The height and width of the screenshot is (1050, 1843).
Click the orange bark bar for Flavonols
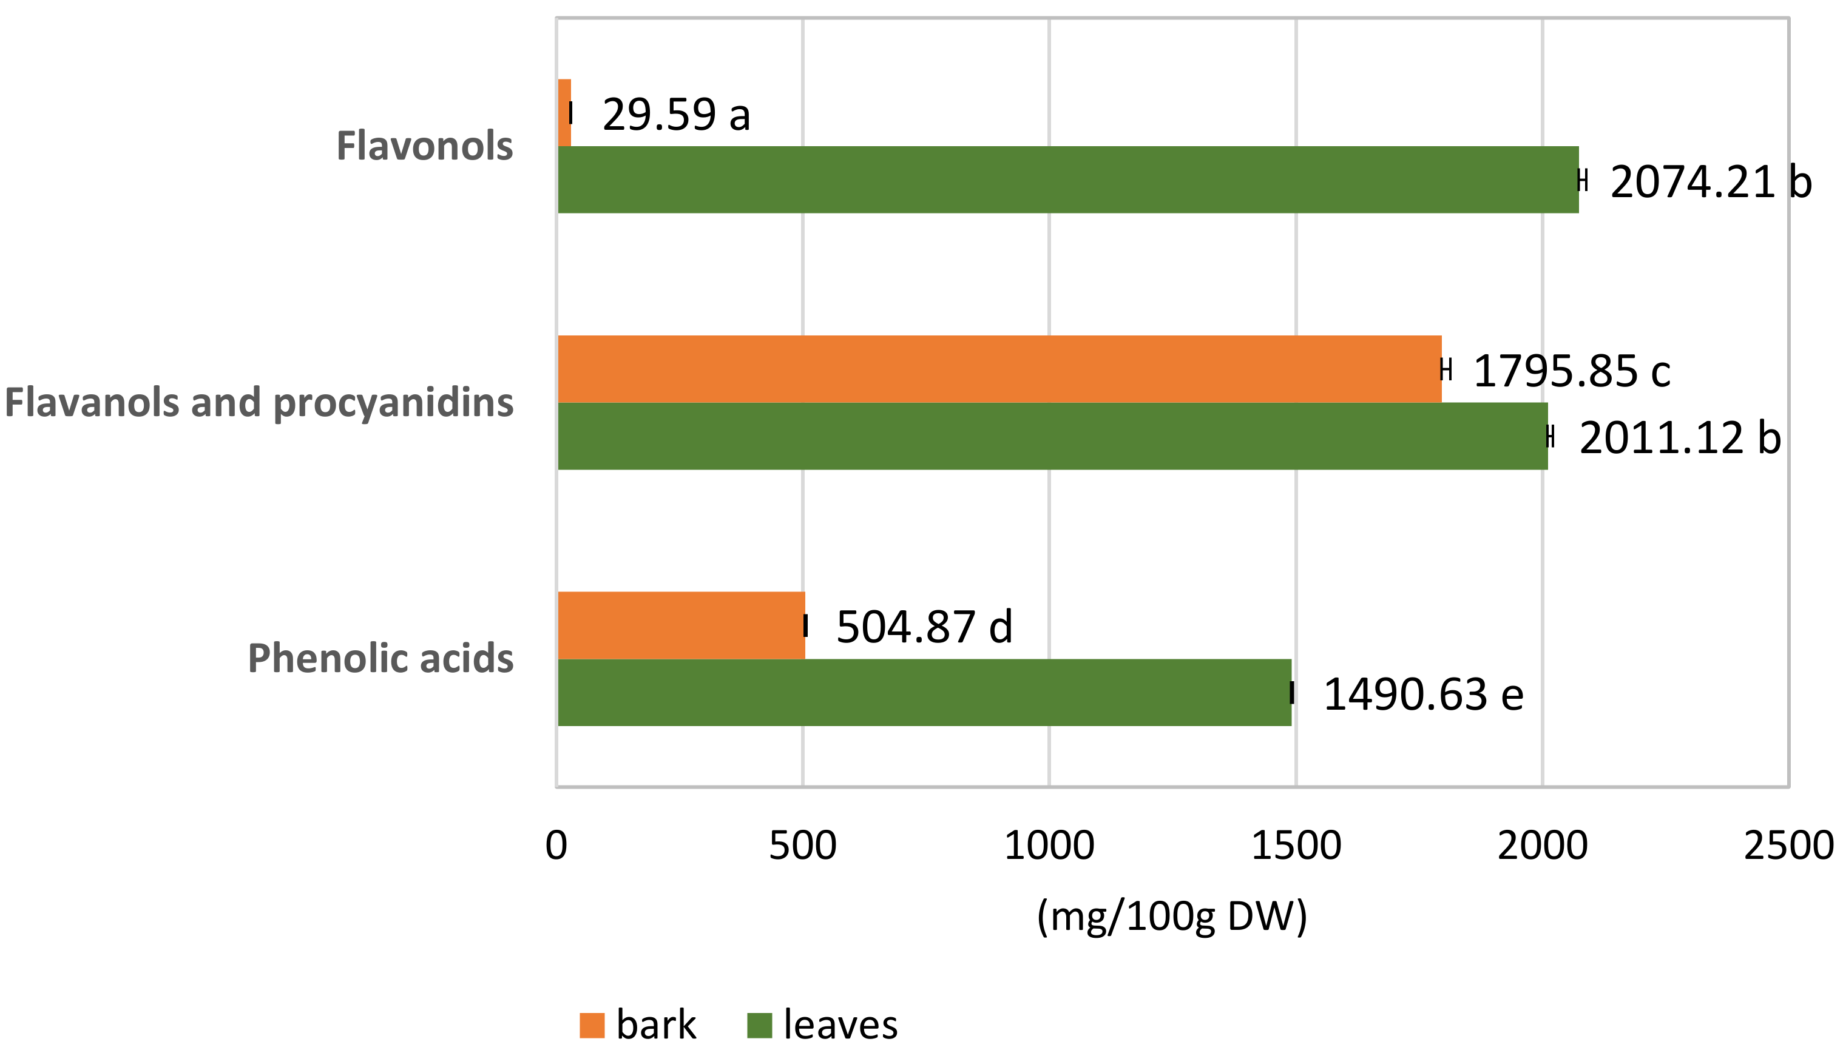tap(564, 112)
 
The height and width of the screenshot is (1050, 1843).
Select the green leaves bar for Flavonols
tap(1067, 180)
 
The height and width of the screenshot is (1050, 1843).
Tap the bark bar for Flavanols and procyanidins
tap(999, 369)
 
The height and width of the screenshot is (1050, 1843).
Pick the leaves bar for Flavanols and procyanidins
tap(1052, 436)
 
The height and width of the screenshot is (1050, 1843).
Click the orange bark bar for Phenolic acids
tap(681, 625)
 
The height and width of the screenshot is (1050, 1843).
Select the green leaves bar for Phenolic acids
tap(924, 692)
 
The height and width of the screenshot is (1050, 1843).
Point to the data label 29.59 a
tap(676, 115)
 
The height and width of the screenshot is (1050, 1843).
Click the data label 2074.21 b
tap(1710, 182)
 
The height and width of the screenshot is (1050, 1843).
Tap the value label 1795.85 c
tap(1571, 371)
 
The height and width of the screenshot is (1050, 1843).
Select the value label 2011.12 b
tap(1679, 439)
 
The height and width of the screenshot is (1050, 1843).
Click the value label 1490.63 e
tap(1422, 695)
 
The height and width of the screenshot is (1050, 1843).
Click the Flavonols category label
tap(424, 146)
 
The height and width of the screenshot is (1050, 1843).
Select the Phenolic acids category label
tap(380, 658)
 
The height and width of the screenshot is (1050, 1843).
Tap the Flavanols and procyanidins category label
tap(259, 402)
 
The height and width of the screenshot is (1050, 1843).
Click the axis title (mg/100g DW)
tap(1171, 917)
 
